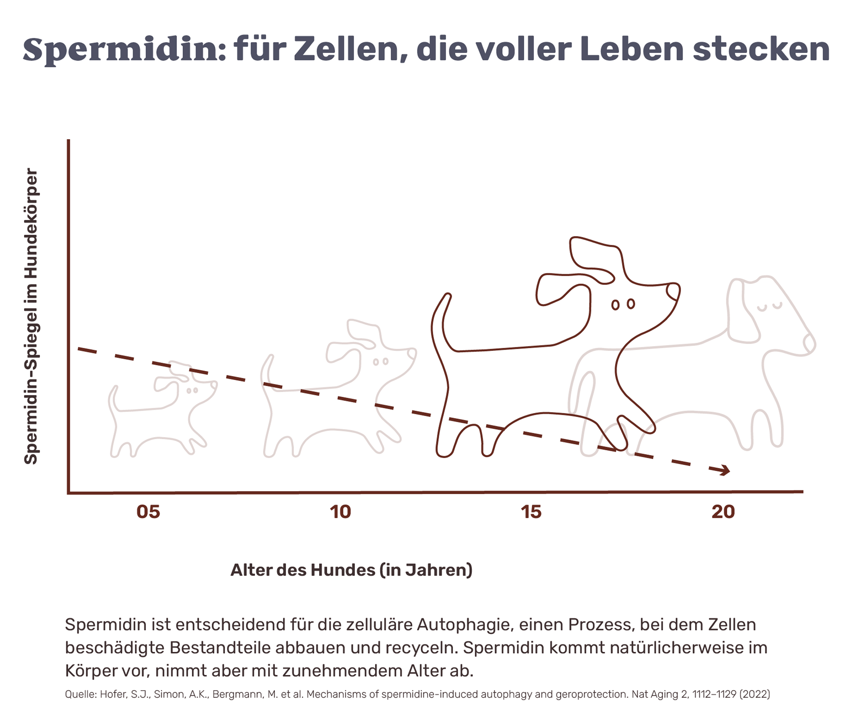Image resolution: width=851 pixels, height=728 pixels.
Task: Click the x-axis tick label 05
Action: pyautogui.click(x=148, y=512)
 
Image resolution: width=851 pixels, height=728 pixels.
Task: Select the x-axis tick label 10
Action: pyautogui.click(x=340, y=512)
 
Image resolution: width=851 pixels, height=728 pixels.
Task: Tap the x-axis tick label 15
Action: pyautogui.click(x=531, y=512)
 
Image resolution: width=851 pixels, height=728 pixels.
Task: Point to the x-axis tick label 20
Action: pyautogui.click(x=723, y=512)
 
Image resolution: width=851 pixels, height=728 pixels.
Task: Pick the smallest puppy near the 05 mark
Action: pyautogui.click(x=162, y=408)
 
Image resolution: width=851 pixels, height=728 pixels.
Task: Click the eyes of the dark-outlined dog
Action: pyautogui.click(x=623, y=304)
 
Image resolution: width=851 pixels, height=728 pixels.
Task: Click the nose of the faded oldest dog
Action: pyautogui.click(x=809, y=342)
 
